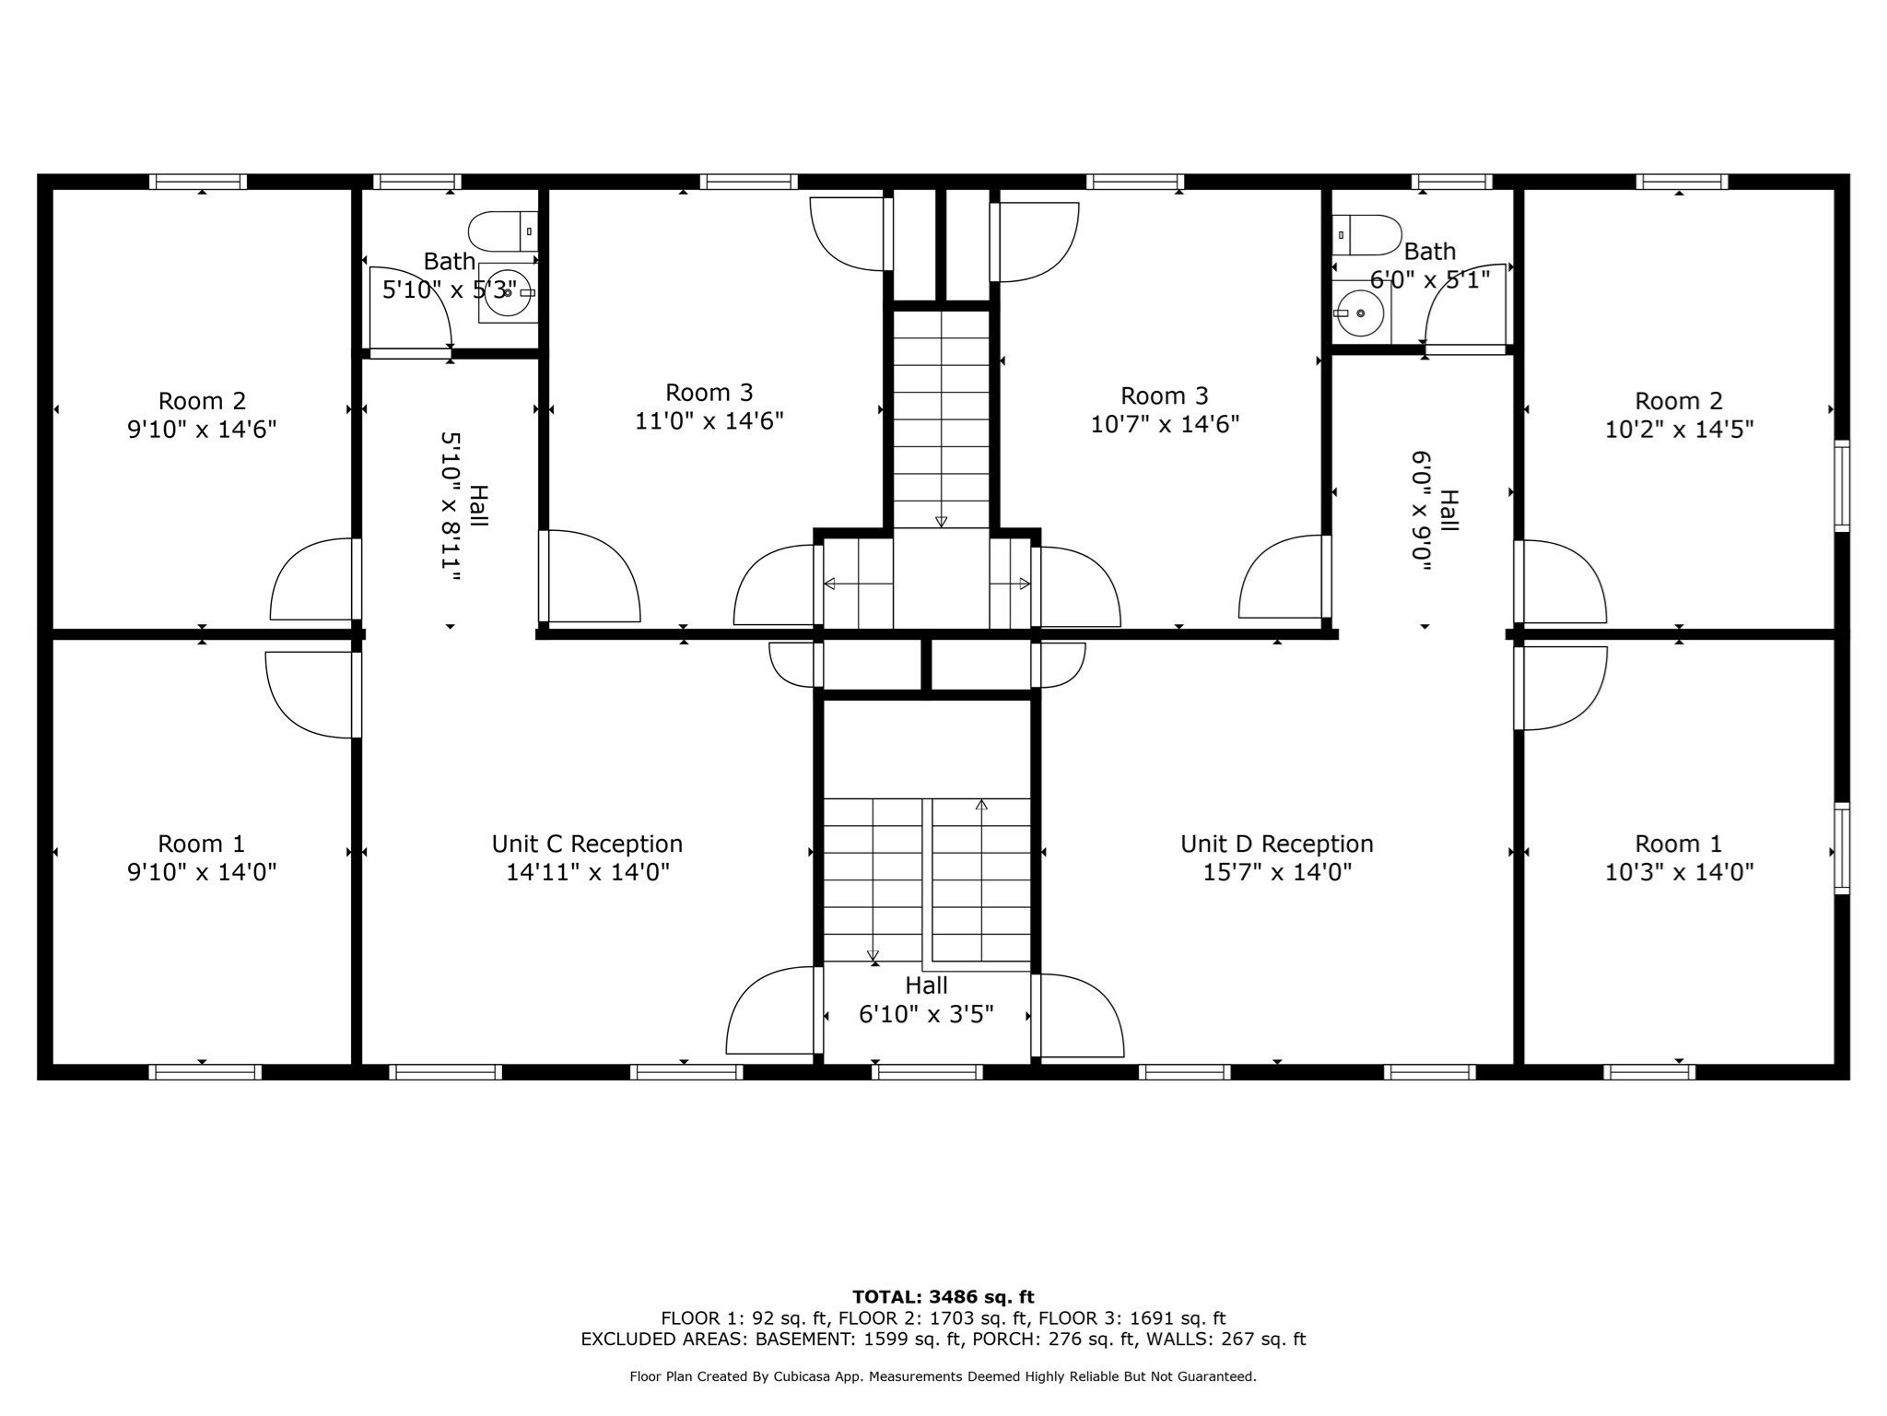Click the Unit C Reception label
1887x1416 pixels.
coord(587,844)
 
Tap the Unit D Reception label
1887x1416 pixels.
coord(1276,844)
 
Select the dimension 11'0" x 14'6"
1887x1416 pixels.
coord(709,421)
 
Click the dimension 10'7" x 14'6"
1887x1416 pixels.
coord(1165,424)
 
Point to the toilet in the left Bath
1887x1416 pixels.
coord(502,230)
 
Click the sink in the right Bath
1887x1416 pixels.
coord(1361,313)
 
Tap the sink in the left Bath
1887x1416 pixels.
coord(507,293)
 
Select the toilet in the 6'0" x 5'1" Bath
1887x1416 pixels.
coord(1367,235)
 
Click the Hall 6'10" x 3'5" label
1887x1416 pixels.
coord(926,1000)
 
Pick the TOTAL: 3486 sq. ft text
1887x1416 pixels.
coord(943,1297)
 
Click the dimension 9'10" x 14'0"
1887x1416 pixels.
coord(202,872)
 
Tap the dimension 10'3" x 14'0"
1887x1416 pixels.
coord(1679,872)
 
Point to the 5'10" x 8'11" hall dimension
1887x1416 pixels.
coord(451,507)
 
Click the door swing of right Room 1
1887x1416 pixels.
coord(1563,687)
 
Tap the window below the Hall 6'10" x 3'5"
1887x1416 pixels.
coord(927,1072)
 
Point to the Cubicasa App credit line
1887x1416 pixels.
coord(943,1376)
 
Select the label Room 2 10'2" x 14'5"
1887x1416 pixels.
coord(1679,415)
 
